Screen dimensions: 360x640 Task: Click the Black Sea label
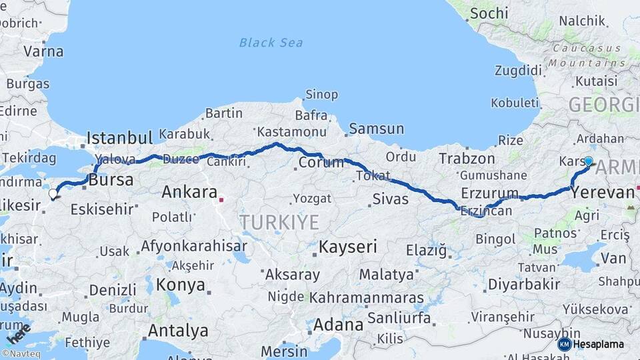tap(271, 43)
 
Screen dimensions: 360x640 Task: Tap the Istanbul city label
tap(120, 138)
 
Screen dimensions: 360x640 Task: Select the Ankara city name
tap(189, 193)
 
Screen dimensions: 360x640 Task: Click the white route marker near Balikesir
tap(53, 194)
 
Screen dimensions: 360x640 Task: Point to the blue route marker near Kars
tap(588, 161)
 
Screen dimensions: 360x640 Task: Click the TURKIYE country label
tap(279, 222)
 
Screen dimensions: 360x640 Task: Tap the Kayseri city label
tap(347, 247)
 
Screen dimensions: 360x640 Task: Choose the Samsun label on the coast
tap(377, 129)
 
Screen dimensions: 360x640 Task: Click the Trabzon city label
tap(467, 159)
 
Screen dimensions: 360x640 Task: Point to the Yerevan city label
tap(602, 193)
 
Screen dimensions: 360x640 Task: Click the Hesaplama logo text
tap(599, 344)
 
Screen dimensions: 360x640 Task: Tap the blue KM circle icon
tap(564, 344)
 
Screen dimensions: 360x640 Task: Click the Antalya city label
tap(178, 330)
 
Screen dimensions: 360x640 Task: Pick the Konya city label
tap(181, 285)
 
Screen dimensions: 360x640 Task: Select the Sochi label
tap(489, 13)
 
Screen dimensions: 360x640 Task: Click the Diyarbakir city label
tap(524, 284)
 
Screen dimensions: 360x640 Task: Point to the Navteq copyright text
tap(23, 353)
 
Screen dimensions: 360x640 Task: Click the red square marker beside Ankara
tap(222, 198)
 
